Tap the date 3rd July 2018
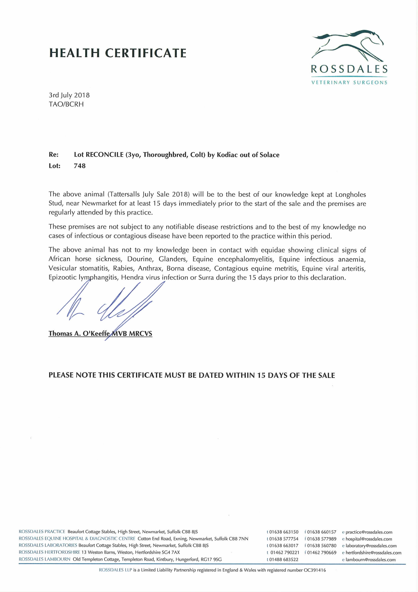(69, 95)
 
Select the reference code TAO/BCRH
(66, 104)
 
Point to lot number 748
(80, 166)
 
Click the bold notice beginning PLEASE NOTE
(192, 375)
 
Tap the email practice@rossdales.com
(369, 532)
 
